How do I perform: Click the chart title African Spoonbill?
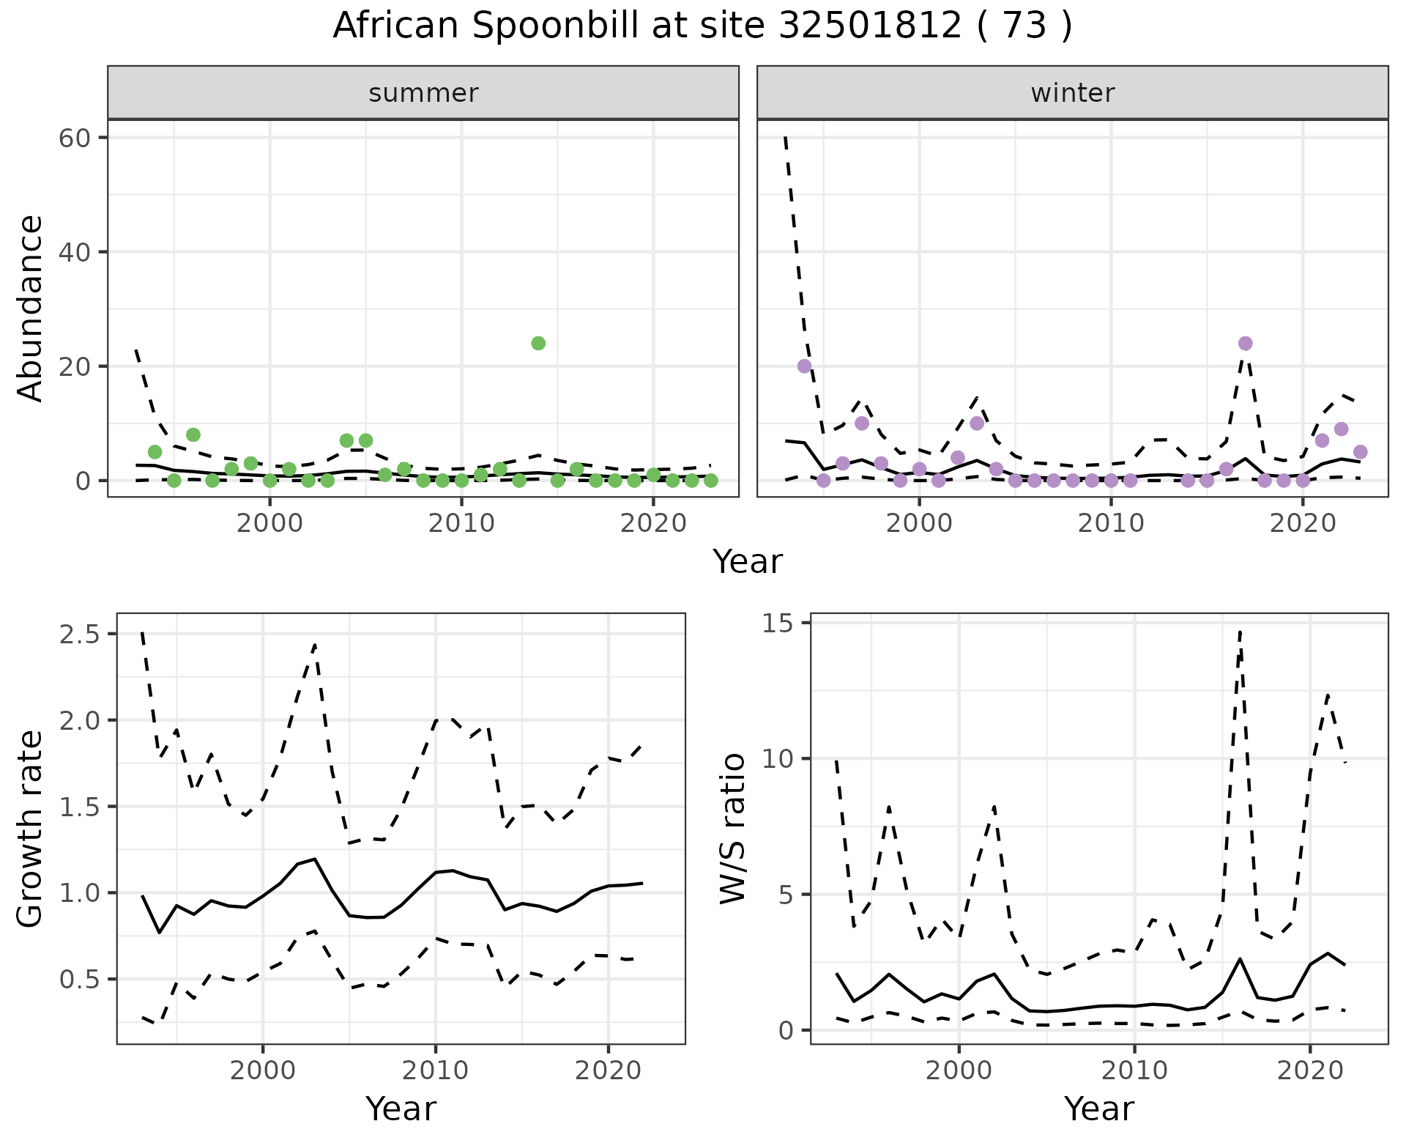[702, 26]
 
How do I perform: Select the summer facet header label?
[423, 93]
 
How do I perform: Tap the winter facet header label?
[1072, 93]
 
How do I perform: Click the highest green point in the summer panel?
[538, 344]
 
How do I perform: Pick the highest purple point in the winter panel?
[1245, 344]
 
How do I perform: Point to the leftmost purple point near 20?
[804, 366]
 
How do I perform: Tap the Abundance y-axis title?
[31, 308]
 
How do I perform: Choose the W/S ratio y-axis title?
[732, 828]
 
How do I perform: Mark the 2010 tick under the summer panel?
[461, 523]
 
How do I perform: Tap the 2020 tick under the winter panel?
[1303, 523]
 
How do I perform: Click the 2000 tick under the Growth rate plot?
[263, 1070]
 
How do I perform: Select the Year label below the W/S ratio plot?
[1098, 1109]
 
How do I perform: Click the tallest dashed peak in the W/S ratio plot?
[1240, 632]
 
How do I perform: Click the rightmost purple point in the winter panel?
[1360, 452]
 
